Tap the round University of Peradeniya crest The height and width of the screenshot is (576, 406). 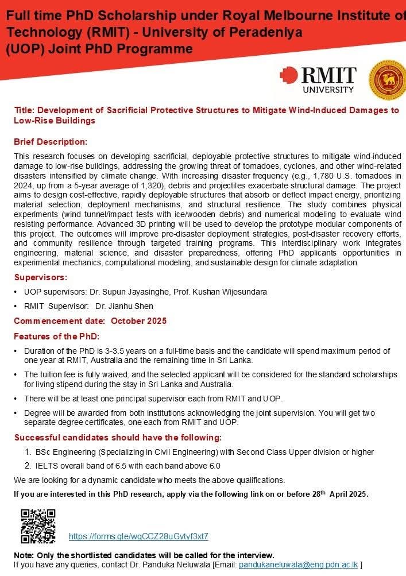click(x=386, y=80)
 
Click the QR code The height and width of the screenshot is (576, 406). click(x=38, y=527)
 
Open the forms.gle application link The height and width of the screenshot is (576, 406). click(x=138, y=536)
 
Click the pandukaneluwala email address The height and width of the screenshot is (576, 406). click(x=298, y=565)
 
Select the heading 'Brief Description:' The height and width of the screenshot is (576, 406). click(x=51, y=142)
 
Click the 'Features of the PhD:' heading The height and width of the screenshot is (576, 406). click(x=57, y=336)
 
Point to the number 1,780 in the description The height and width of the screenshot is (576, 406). click(x=311, y=175)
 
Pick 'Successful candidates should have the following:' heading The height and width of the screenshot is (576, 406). click(x=118, y=438)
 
